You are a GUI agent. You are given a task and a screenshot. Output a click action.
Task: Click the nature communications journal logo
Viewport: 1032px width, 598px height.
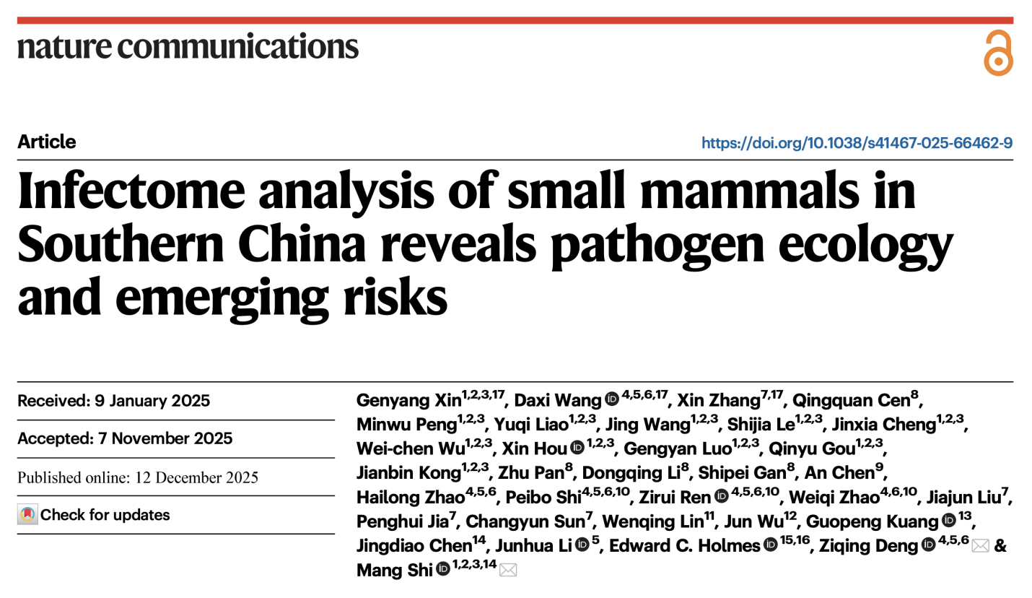click(x=188, y=47)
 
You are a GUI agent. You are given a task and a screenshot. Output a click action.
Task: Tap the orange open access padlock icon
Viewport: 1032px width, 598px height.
click(x=998, y=53)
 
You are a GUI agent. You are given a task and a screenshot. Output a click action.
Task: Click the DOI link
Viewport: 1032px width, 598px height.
click(x=857, y=143)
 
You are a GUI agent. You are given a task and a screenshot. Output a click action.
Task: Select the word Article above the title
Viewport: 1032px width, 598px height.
click(x=47, y=142)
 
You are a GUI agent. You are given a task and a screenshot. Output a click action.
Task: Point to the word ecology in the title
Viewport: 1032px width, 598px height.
click(x=866, y=246)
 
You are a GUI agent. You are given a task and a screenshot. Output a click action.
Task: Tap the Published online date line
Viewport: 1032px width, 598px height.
click(x=138, y=477)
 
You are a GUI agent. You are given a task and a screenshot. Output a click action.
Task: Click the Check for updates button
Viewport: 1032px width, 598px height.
click(x=95, y=515)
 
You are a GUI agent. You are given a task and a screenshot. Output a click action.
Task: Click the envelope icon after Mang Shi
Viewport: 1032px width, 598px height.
click(x=508, y=571)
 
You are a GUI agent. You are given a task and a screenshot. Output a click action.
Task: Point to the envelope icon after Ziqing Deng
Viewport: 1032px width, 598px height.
click(x=980, y=547)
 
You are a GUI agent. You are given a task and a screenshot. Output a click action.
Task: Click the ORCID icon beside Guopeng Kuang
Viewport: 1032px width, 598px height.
click(x=949, y=521)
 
